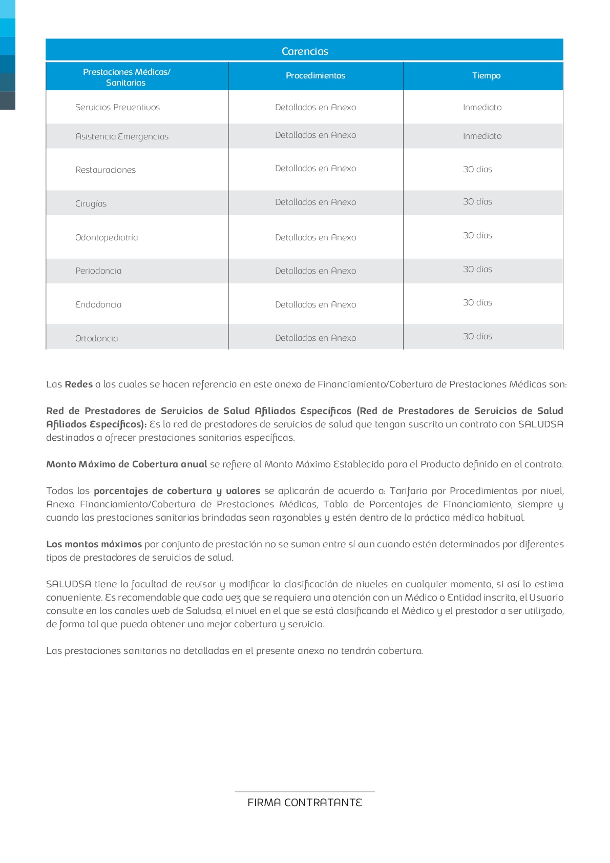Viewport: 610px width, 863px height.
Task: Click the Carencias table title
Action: point(305,51)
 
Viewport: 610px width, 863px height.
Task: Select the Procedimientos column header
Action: point(315,76)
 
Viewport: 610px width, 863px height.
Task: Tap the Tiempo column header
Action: point(486,76)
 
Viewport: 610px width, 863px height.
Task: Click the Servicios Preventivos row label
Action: point(117,108)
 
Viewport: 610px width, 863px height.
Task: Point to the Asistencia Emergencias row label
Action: point(122,137)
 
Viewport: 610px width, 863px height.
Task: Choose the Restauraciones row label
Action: point(106,170)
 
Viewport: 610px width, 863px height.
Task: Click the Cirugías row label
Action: point(91,204)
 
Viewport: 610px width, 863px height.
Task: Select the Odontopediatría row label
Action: point(107,238)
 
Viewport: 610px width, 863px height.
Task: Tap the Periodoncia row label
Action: point(98,271)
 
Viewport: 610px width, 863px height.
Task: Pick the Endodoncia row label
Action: point(98,305)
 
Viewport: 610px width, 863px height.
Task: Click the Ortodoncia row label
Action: point(96,339)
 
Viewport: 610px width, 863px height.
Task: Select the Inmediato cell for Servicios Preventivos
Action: point(482,108)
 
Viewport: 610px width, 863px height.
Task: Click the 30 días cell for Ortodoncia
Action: point(477,337)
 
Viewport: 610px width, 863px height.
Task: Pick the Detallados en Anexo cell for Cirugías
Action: point(315,202)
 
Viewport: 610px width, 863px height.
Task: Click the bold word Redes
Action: point(79,384)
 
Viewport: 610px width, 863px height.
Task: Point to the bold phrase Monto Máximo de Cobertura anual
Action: point(127,464)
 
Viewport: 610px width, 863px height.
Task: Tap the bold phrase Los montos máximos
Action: point(94,544)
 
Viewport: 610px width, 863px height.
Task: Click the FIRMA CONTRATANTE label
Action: point(305,803)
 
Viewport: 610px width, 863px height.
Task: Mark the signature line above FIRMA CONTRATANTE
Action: point(305,792)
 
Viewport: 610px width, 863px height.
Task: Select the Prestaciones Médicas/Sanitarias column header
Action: point(127,77)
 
